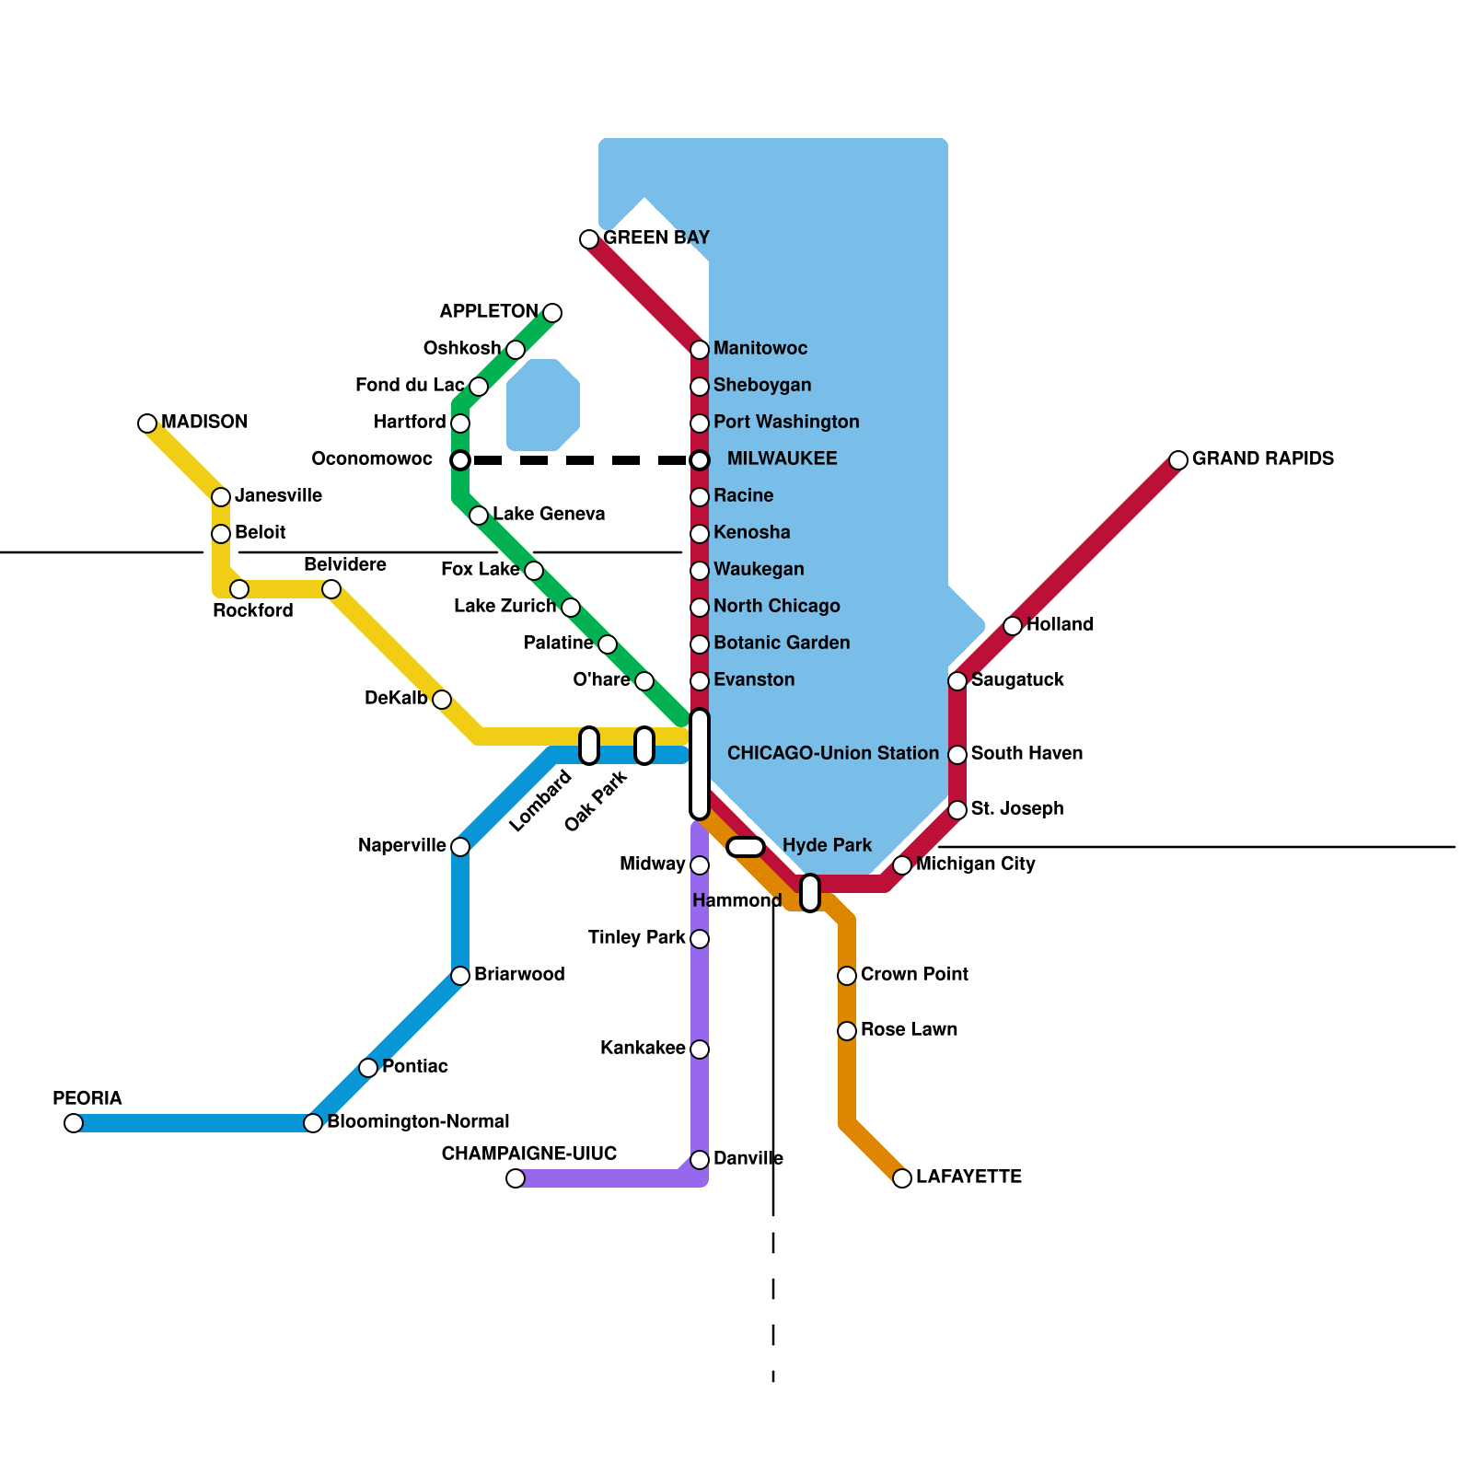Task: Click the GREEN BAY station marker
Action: (589, 239)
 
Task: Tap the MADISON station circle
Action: (147, 423)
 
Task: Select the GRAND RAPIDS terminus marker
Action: (1178, 460)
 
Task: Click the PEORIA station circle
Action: (74, 1123)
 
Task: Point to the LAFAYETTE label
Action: (968, 1177)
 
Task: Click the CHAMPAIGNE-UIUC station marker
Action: (516, 1178)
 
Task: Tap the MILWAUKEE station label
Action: (782, 459)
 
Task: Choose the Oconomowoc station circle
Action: (460, 460)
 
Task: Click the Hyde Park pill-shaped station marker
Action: (746, 847)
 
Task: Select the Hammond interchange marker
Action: (810, 893)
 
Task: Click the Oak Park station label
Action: (596, 801)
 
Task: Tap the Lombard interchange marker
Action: (589, 746)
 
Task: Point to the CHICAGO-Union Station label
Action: (832, 754)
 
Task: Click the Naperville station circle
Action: (460, 847)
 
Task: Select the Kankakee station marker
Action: (700, 1050)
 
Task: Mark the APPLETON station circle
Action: (552, 313)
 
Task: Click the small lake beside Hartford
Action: (542, 405)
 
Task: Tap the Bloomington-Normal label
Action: (418, 1122)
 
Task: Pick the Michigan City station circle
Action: (902, 865)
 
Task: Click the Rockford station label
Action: (253, 611)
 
